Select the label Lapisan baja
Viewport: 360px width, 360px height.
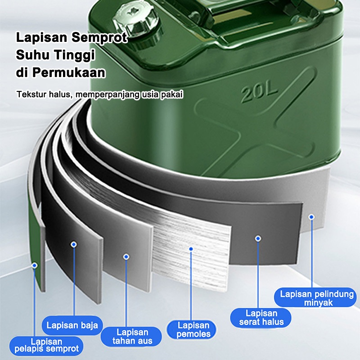(72, 325)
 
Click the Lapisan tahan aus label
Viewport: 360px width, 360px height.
(132, 336)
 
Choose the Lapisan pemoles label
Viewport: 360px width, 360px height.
(193, 329)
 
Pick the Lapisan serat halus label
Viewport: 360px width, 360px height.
(261, 318)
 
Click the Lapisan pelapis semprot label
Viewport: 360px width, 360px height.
(46, 346)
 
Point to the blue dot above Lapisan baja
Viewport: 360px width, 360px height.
(74, 244)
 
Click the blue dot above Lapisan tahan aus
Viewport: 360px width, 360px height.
(126, 256)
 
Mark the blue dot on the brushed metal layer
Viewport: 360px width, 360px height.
(191, 249)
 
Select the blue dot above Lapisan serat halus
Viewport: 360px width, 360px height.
(258, 238)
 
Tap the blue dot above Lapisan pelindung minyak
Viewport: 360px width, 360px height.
(311, 217)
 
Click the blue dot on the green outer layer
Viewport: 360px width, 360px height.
(35, 265)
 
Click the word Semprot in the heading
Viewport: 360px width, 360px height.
(99, 38)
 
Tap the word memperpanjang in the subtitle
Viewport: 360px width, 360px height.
(107, 94)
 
